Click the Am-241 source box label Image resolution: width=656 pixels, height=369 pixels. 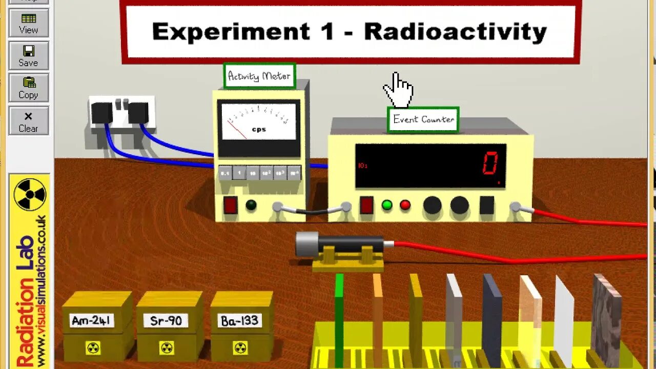tap(92, 321)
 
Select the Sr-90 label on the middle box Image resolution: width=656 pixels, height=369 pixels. tap(166, 321)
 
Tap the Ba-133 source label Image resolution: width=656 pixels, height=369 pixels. tap(240, 321)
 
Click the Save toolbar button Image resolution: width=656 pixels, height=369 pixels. tap(28, 56)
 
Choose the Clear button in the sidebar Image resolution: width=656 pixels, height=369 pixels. tap(28, 121)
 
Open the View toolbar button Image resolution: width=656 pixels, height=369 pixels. tap(28, 24)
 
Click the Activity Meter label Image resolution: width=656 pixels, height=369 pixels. tap(259, 76)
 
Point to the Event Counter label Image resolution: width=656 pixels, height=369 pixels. tap(423, 119)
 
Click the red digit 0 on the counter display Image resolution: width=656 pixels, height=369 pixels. tap(489, 165)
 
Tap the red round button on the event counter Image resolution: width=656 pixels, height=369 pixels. tap(405, 205)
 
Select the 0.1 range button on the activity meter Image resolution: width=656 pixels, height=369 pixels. tap(225, 173)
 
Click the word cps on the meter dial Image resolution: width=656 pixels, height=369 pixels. tap(259, 129)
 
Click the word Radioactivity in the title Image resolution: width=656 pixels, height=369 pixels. tap(455, 32)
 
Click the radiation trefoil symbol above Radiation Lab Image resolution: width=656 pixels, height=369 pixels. tap(30, 194)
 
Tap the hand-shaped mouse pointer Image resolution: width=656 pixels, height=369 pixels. tap(398, 90)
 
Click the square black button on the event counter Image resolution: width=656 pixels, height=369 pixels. tap(487, 205)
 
